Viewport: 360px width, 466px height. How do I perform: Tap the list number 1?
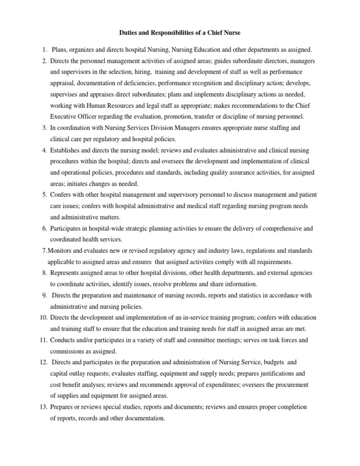(43, 50)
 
